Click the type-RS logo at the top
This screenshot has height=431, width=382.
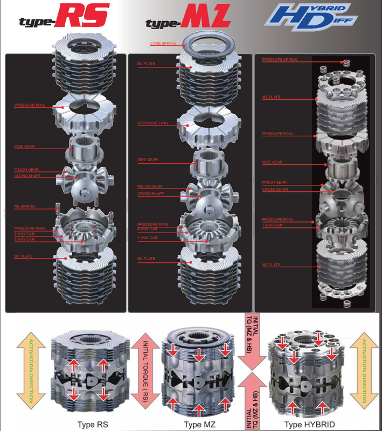pyautogui.click(x=64, y=17)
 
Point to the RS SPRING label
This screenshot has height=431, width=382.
pyautogui.click(x=24, y=206)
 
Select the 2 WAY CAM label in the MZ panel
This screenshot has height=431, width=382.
pyautogui.click(x=147, y=229)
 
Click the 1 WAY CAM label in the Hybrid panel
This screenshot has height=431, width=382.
pyautogui.click(x=272, y=225)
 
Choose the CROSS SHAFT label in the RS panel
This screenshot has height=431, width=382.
pyautogui.click(x=26, y=176)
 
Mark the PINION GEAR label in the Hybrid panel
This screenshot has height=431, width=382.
pyautogui.click(x=274, y=183)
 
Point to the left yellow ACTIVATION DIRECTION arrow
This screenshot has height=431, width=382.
pyautogui.click(x=31, y=371)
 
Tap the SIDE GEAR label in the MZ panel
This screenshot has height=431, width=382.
pyautogui.click(x=147, y=160)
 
